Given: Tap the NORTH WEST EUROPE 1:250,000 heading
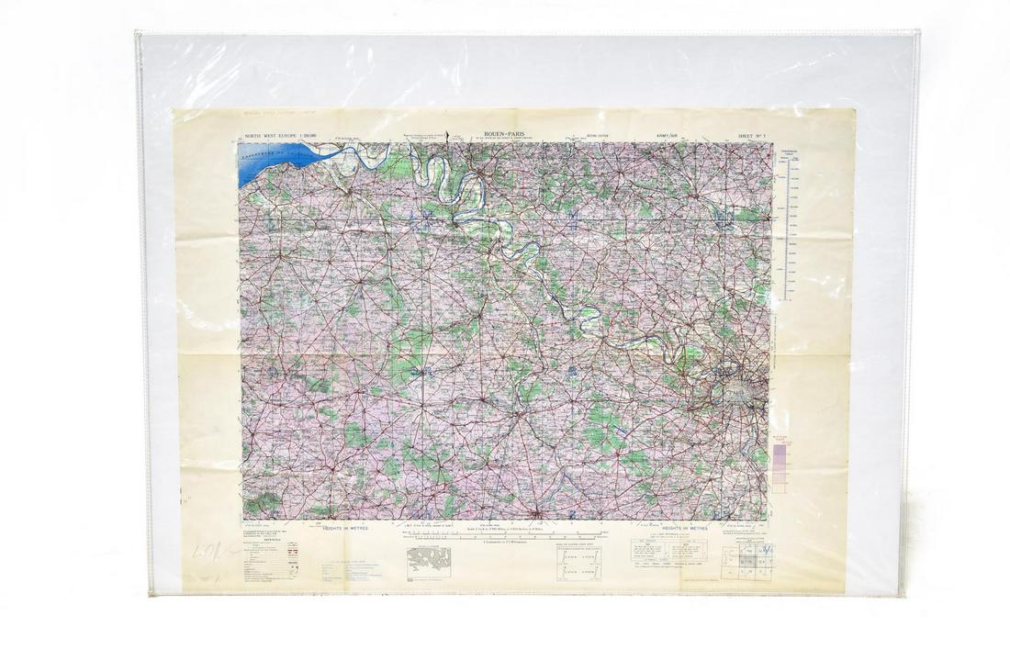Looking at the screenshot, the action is [x=276, y=134].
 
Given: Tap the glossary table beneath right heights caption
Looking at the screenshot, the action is [x=668, y=550].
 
